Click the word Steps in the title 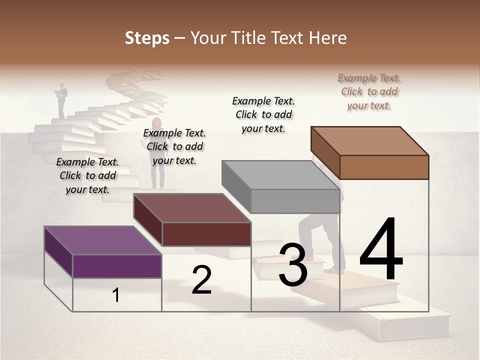coord(147,38)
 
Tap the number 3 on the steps coord(293,265)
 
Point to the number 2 coord(201,280)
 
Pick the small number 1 coord(116,295)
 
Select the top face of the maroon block coord(192,208)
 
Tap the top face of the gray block coord(280,175)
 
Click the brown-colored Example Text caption coord(369,92)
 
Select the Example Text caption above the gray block coord(264,114)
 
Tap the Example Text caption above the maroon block coord(174,146)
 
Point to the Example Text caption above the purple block coord(87,175)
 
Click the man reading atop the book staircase coord(61,100)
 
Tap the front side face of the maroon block coord(206,234)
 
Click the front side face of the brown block coord(384,167)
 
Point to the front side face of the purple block coord(117,266)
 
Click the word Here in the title coord(328,38)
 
